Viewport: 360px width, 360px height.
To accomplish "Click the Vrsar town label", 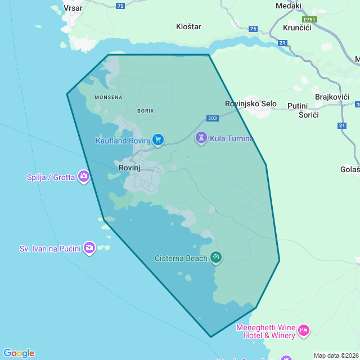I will pos(74,8).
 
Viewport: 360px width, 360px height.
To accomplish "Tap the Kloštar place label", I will pos(188,26).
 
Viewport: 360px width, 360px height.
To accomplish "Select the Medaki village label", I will pos(289,6).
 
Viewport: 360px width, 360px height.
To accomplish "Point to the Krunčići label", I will pos(298,28).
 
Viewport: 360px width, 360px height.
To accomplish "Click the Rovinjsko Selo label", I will pos(251,104).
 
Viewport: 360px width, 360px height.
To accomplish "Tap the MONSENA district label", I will pos(108,97).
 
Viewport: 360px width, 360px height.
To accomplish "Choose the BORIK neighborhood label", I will pos(146,111).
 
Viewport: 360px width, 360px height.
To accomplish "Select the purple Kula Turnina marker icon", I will pos(201,138).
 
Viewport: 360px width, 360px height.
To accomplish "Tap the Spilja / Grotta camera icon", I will pos(84,177).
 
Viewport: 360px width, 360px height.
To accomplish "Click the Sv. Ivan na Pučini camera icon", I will pos(89,248).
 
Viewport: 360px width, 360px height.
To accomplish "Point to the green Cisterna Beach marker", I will pos(216,258).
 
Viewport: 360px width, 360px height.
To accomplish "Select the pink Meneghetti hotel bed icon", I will pos(304,330).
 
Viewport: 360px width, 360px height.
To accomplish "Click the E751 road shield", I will pos(309,19).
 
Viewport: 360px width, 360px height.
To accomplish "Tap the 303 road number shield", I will pos(212,118).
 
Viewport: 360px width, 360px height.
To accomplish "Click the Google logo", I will pos(19,353).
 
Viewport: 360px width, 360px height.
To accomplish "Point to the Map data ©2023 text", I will pos(336,355).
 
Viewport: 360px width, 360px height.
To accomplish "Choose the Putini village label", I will pos(298,106).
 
